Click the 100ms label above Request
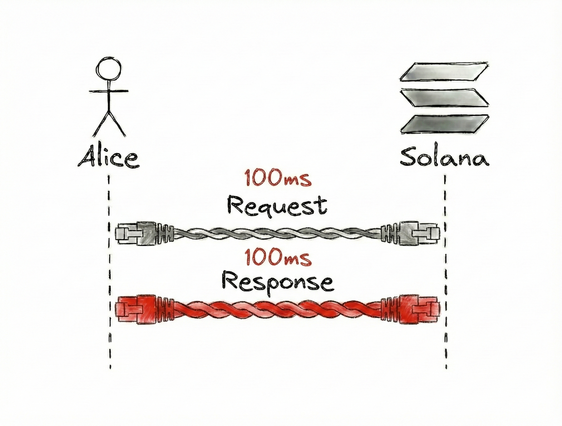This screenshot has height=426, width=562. [277, 178]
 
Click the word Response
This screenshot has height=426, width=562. [277, 283]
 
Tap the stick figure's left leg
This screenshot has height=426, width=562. [100, 125]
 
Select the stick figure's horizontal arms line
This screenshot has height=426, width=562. [109, 91]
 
